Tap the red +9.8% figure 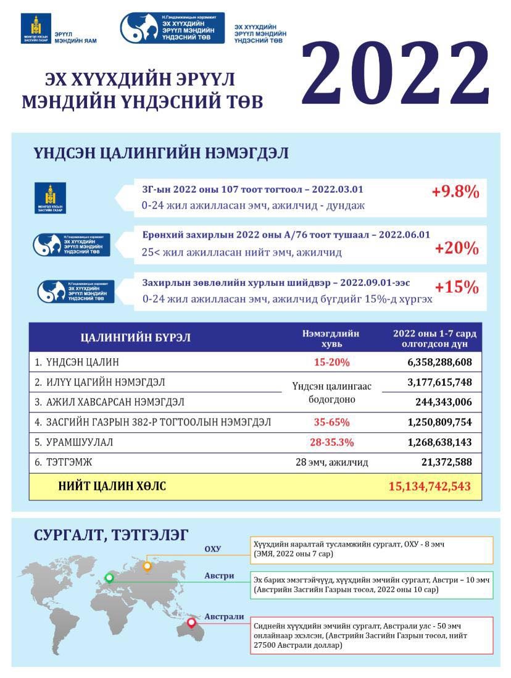point(455,192)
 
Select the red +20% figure point(457,248)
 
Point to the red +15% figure point(457,287)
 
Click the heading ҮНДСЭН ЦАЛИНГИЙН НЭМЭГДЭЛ point(160,153)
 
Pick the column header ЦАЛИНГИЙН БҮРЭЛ point(136,338)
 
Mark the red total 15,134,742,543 point(430,487)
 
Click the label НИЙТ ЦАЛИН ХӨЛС point(112,487)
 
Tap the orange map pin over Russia point(147,566)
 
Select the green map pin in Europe point(109,578)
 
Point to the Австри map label point(219,575)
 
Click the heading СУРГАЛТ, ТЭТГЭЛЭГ point(111,535)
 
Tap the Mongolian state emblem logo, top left point(38,28)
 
